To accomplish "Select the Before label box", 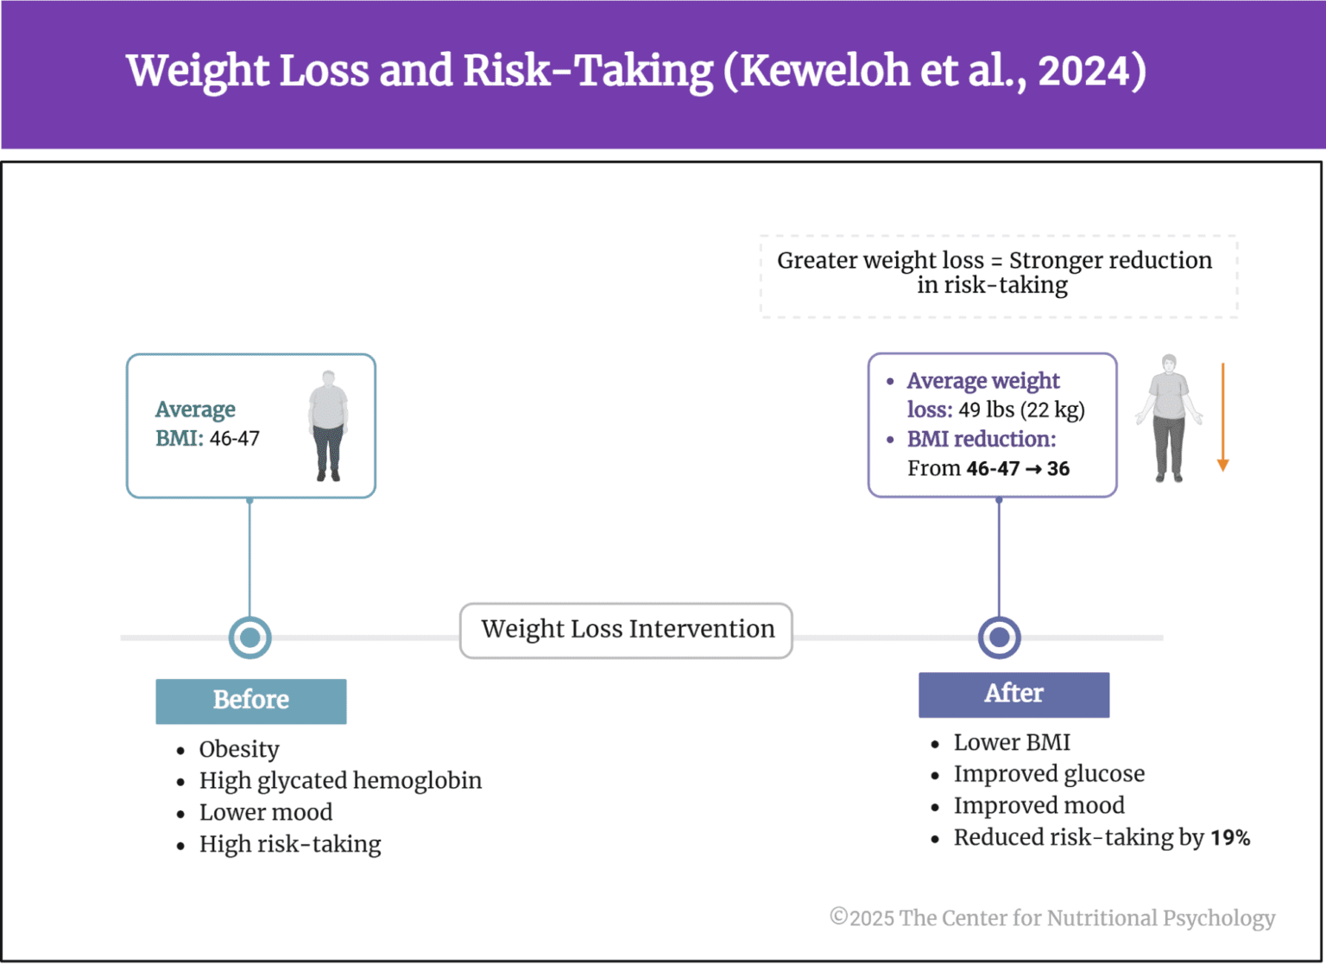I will [250, 701].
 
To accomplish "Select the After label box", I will [1013, 695].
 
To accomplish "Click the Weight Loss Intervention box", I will [627, 630].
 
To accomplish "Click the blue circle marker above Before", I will [250, 638].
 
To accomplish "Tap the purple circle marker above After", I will [999, 638].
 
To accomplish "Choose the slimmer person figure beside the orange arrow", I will [1169, 418].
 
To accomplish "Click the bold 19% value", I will [1229, 838].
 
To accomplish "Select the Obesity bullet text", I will [239, 749].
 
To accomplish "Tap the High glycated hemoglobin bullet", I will [340, 781].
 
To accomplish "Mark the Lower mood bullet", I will [266, 813].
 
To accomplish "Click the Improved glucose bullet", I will [1049, 774].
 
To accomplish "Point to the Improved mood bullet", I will [1039, 806].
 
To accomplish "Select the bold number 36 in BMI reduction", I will [1058, 469].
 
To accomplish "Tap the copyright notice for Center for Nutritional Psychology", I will [1052, 917].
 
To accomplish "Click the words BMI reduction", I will [981, 440].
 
